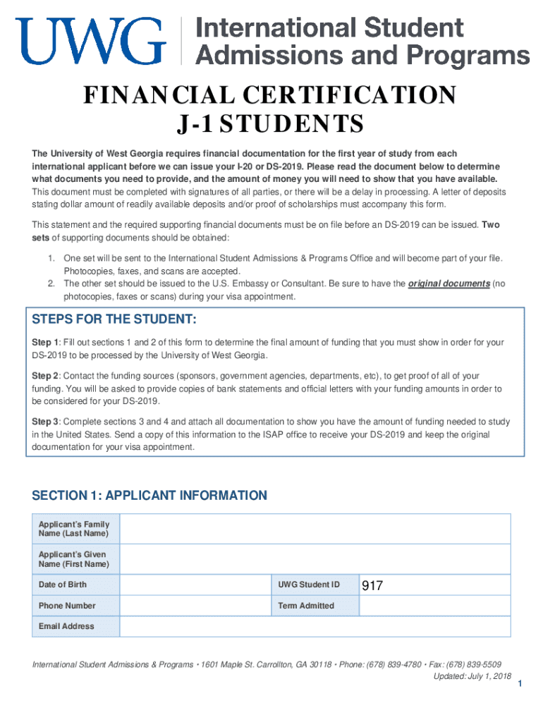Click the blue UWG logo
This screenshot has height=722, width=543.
(91, 42)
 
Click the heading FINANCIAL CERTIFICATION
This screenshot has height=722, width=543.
(270, 95)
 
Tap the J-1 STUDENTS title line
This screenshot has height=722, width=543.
(270, 126)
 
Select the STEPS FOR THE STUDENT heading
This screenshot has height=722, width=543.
(114, 319)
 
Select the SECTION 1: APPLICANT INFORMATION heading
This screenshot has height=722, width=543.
(150, 496)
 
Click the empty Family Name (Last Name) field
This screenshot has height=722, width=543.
(315, 529)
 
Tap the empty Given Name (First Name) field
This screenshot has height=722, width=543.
(315, 559)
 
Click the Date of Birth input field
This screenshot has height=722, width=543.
(195, 585)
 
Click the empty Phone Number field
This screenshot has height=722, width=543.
(195, 606)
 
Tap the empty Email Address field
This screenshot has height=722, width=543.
(315, 627)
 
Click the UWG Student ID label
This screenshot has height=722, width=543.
(308, 585)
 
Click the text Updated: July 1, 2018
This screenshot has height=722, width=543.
(472, 676)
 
